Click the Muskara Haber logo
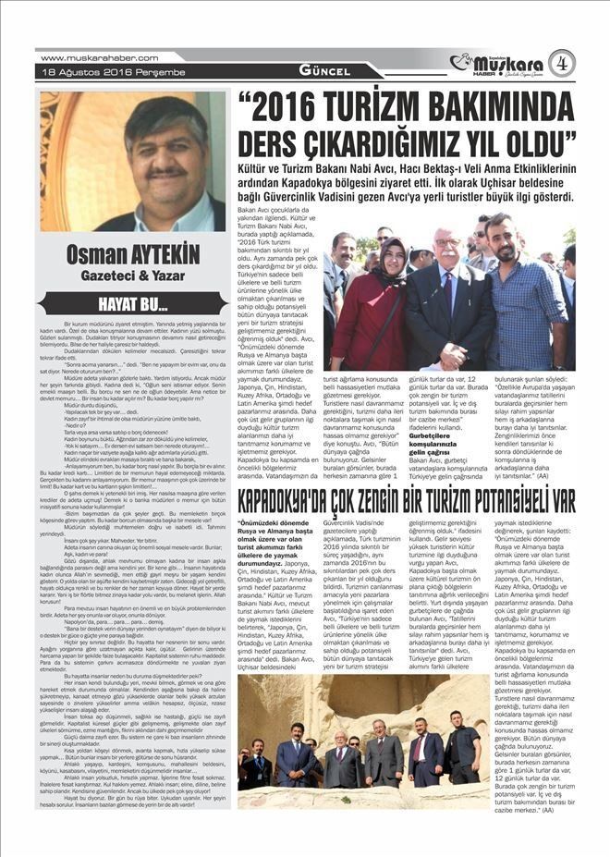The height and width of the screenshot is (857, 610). pyautogui.click(x=497, y=64)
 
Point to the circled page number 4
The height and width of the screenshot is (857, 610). pyautogui.click(x=561, y=64)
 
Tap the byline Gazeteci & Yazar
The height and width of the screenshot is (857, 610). pyautogui.click(x=135, y=275)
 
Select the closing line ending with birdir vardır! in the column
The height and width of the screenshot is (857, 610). pyautogui.click(x=135, y=804)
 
